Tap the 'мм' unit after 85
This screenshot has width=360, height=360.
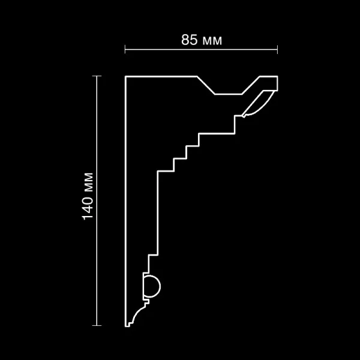click(211, 41)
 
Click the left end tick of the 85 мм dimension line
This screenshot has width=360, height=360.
click(125, 49)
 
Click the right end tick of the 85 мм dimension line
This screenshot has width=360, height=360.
click(277, 49)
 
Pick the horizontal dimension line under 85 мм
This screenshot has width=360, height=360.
click(201, 49)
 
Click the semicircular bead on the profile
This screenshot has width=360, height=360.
click(152, 285)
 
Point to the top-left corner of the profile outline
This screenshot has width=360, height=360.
click(125, 77)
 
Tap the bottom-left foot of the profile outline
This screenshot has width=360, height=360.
click(127, 326)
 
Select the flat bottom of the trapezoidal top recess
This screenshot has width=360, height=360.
click(228, 94)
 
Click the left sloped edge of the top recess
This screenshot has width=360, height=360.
click(206, 85)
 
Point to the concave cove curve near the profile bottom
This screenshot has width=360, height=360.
click(139, 312)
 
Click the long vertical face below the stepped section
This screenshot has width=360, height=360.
click(157, 210)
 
